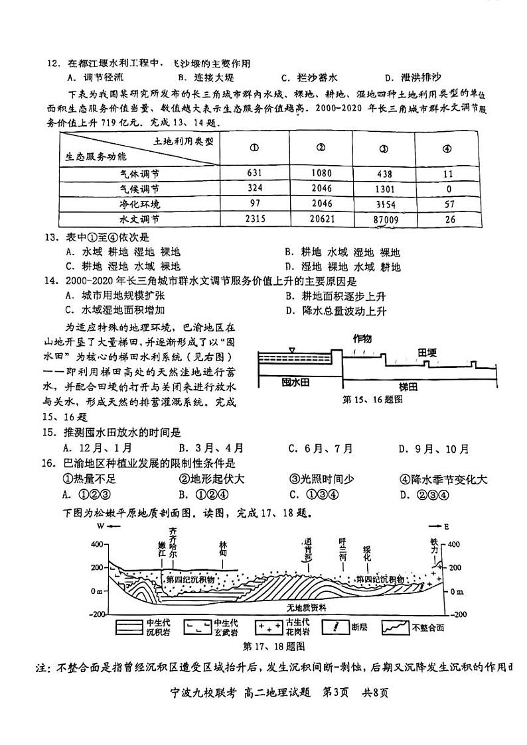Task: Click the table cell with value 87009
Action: (382, 218)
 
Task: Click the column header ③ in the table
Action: (382, 148)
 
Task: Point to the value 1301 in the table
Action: (382, 188)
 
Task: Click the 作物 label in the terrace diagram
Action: (362, 339)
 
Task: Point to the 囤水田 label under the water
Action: (295, 382)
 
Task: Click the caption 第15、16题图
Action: (372, 400)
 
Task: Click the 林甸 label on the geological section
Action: (227, 547)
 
